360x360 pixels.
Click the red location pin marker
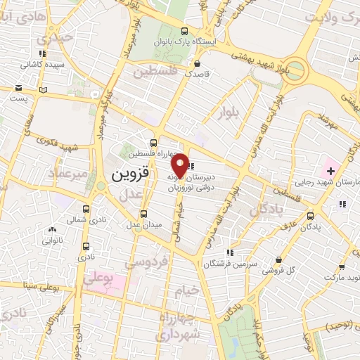pos(181,165)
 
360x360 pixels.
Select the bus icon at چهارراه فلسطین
pos(154,141)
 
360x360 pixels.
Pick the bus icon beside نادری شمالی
pos(86,209)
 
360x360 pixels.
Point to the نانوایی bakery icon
pos(52,229)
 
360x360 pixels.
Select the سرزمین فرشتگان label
pos(228,264)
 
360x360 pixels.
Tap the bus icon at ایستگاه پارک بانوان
pos(184,31)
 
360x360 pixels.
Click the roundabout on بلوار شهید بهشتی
pos(295,71)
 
